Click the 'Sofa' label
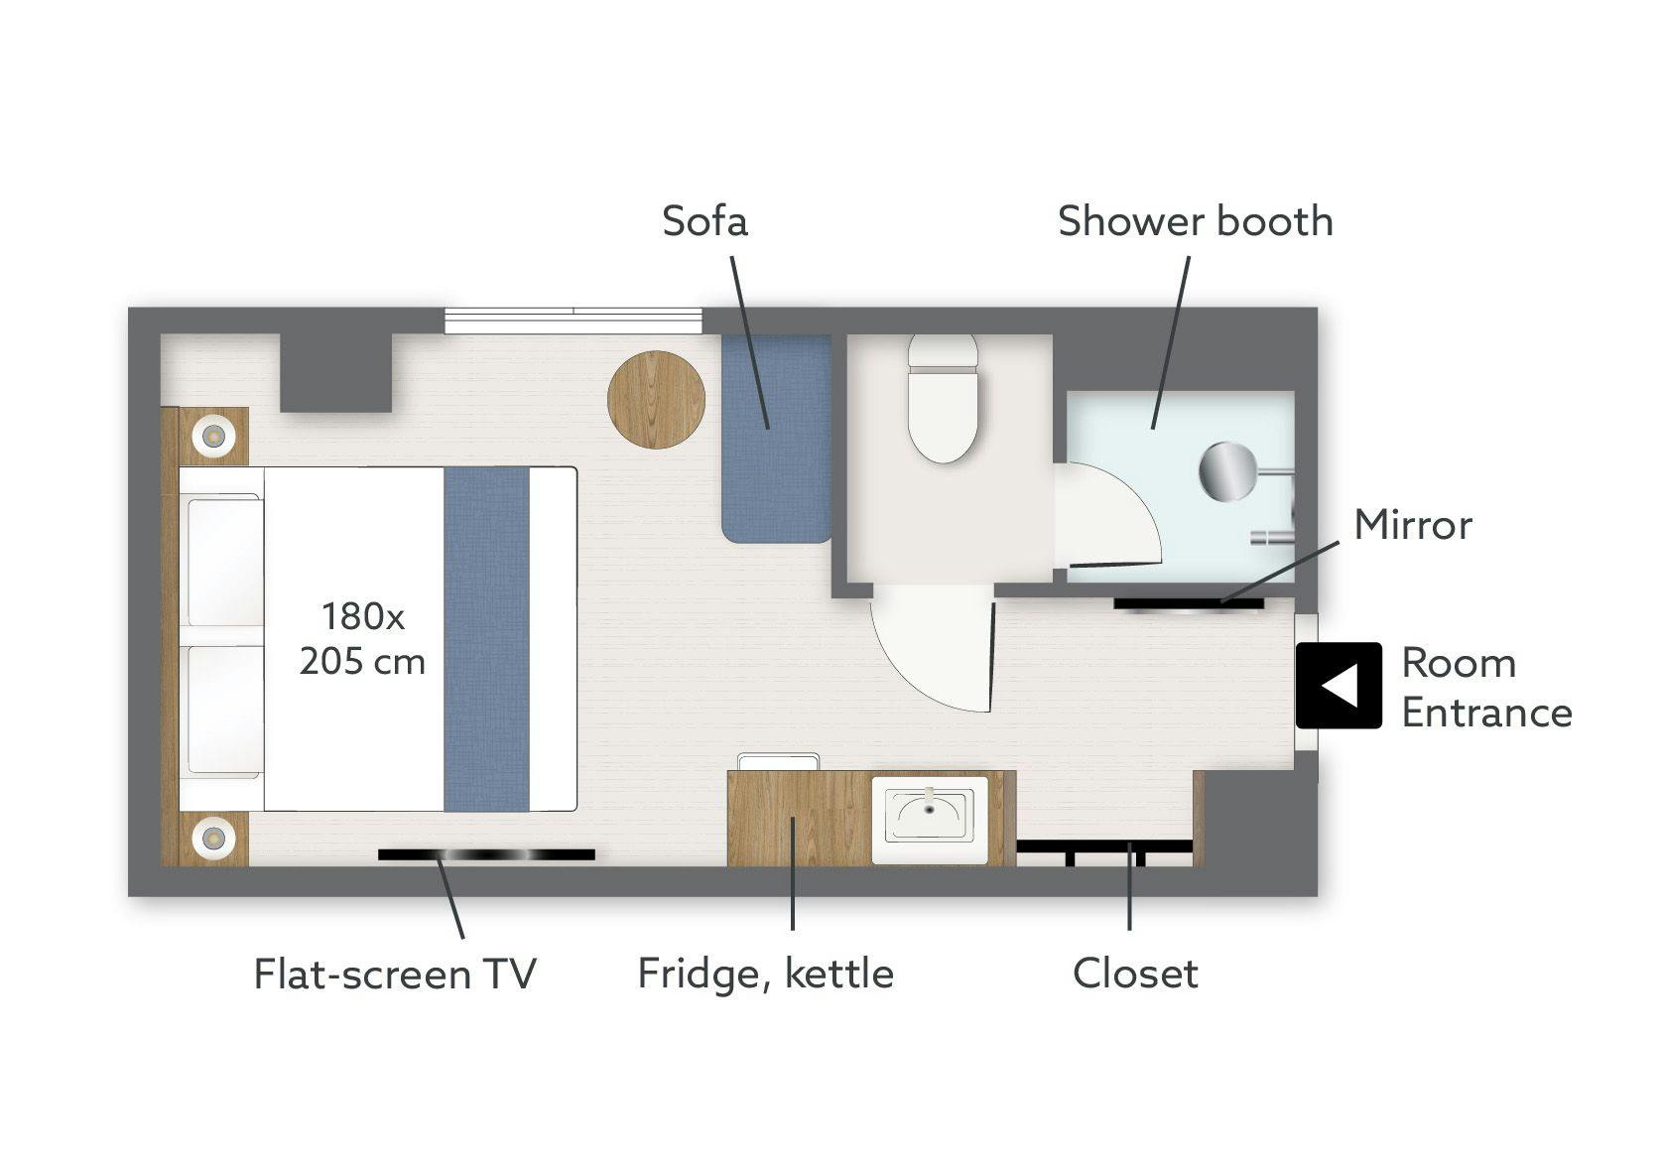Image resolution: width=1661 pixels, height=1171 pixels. (x=704, y=221)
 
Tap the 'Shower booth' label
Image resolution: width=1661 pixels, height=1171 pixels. (x=1196, y=221)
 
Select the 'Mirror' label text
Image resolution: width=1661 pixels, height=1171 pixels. (x=1413, y=525)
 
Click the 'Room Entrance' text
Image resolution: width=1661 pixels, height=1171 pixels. (x=1486, y=688)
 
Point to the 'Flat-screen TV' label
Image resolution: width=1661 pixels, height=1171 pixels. (x=395, y=973)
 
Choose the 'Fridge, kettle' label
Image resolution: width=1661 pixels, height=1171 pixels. (x=765, y=975)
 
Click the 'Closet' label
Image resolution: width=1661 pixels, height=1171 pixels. (x=1135, y=973)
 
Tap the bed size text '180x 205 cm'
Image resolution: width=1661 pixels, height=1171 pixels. (x=362, y=638)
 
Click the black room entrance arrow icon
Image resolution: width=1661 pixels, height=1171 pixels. (x=1340, y=686)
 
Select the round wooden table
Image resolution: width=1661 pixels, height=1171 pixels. (x=656, y=400)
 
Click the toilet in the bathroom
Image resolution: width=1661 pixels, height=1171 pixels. (x=944, y=398)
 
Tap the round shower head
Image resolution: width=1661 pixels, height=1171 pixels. (x=1228, y=471)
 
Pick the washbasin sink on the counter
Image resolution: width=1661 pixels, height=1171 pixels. (x=930, y=821)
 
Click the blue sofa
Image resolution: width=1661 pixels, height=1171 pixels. (x=776, y=439)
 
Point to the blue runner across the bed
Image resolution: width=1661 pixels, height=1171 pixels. (x=487, y=638)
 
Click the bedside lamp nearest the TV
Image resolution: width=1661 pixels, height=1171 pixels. (x=213, y=838)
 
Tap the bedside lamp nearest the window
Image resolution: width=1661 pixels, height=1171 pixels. (x=213, y=436)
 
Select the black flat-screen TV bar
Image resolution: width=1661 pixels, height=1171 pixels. (x=486, y=855)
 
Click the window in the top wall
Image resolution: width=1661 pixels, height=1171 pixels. (x=574, y=321)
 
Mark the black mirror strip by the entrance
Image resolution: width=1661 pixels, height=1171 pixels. (x=1189, y=604)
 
